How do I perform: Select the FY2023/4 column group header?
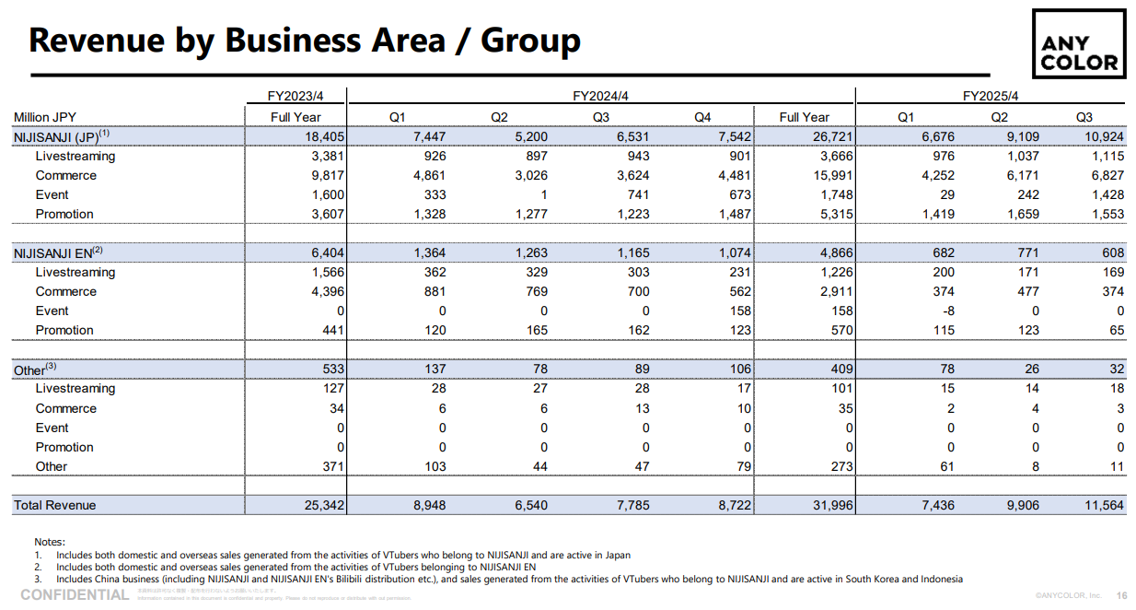pos(296,96)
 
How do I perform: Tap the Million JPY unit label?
pos(45,117)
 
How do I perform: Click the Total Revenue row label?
pos(55,505)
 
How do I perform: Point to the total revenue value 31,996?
pos(829,505)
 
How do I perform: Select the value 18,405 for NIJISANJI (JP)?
pos(325,136)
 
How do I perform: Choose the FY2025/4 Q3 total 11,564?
pos(1102,505)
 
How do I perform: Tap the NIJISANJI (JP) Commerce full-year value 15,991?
pos(829,175)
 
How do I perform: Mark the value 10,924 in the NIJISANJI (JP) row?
pos(1102,136)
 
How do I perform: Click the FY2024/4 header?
pos(601,96)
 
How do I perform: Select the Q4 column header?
pos(702,117)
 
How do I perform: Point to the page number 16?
pos(1121,595)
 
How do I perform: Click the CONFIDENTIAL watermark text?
pos(75,595)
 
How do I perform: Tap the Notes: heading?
pos(50,542)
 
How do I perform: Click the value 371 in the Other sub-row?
pos(332,466)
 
